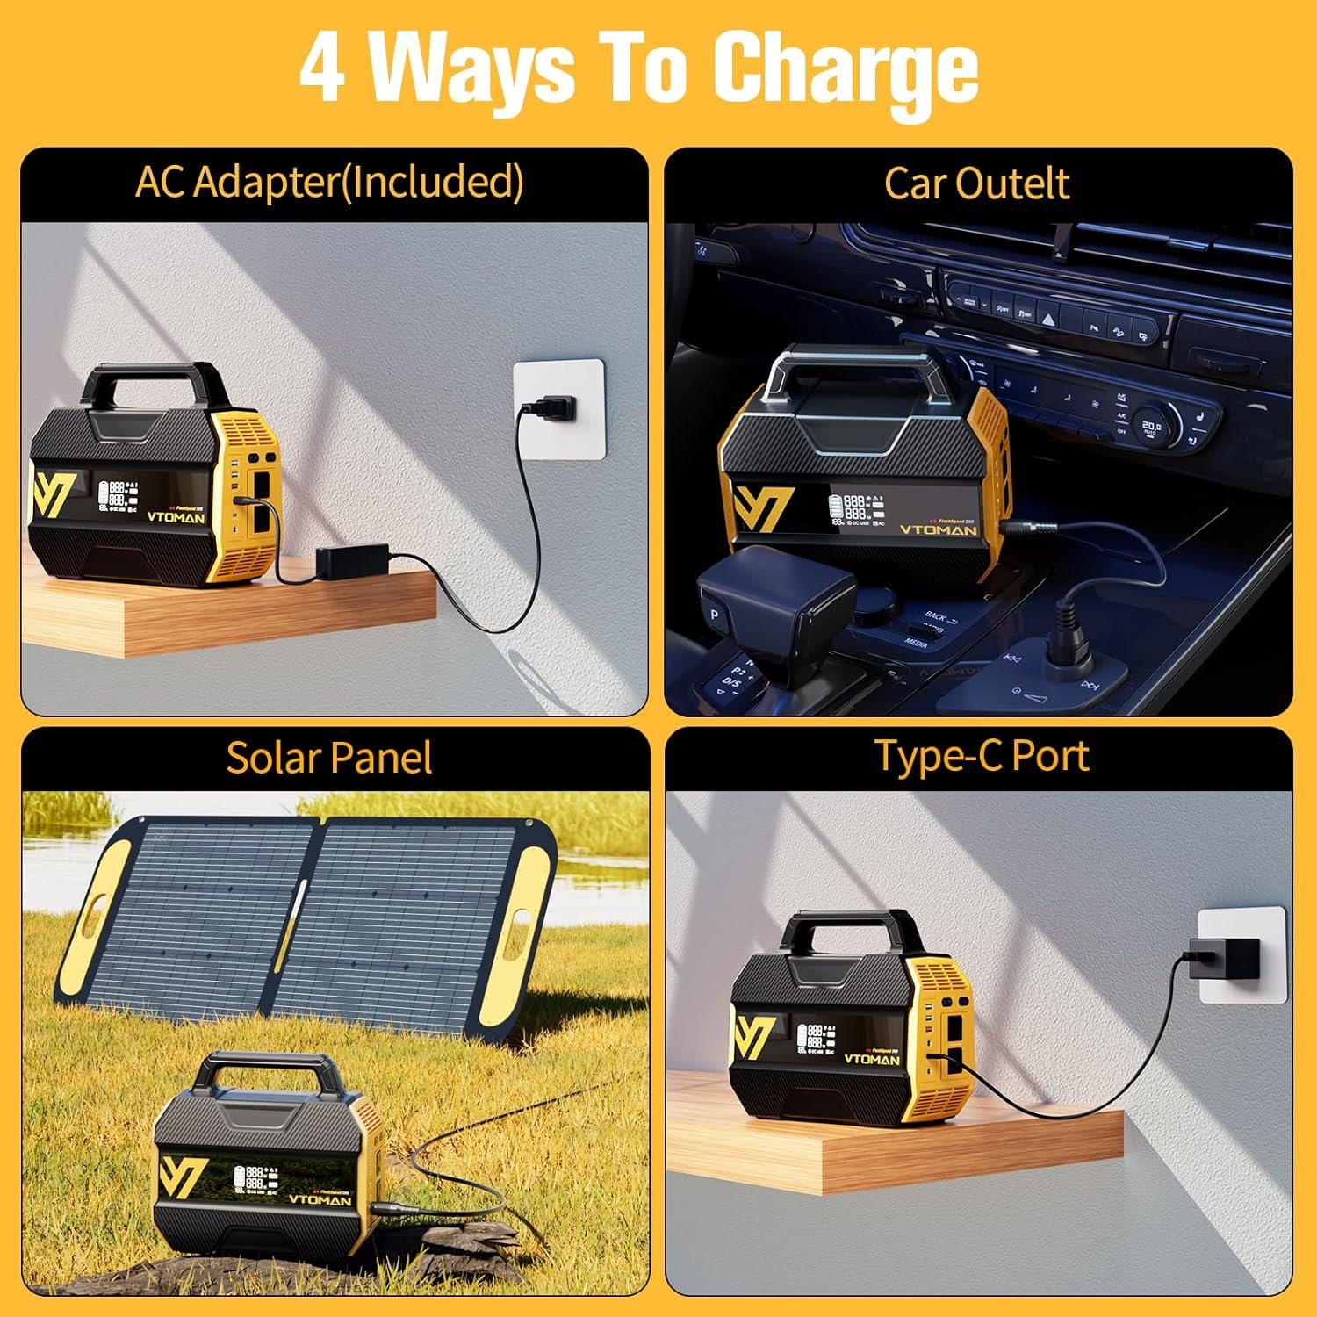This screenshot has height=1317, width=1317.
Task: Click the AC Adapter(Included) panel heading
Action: click(x=329, y=183)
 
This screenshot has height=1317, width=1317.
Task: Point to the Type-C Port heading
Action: click(x=981, y=756)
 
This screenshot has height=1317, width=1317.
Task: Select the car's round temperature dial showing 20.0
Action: click(x=1150, y=427)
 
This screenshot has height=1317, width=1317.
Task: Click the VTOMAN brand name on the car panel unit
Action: click(x=938, y=530)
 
